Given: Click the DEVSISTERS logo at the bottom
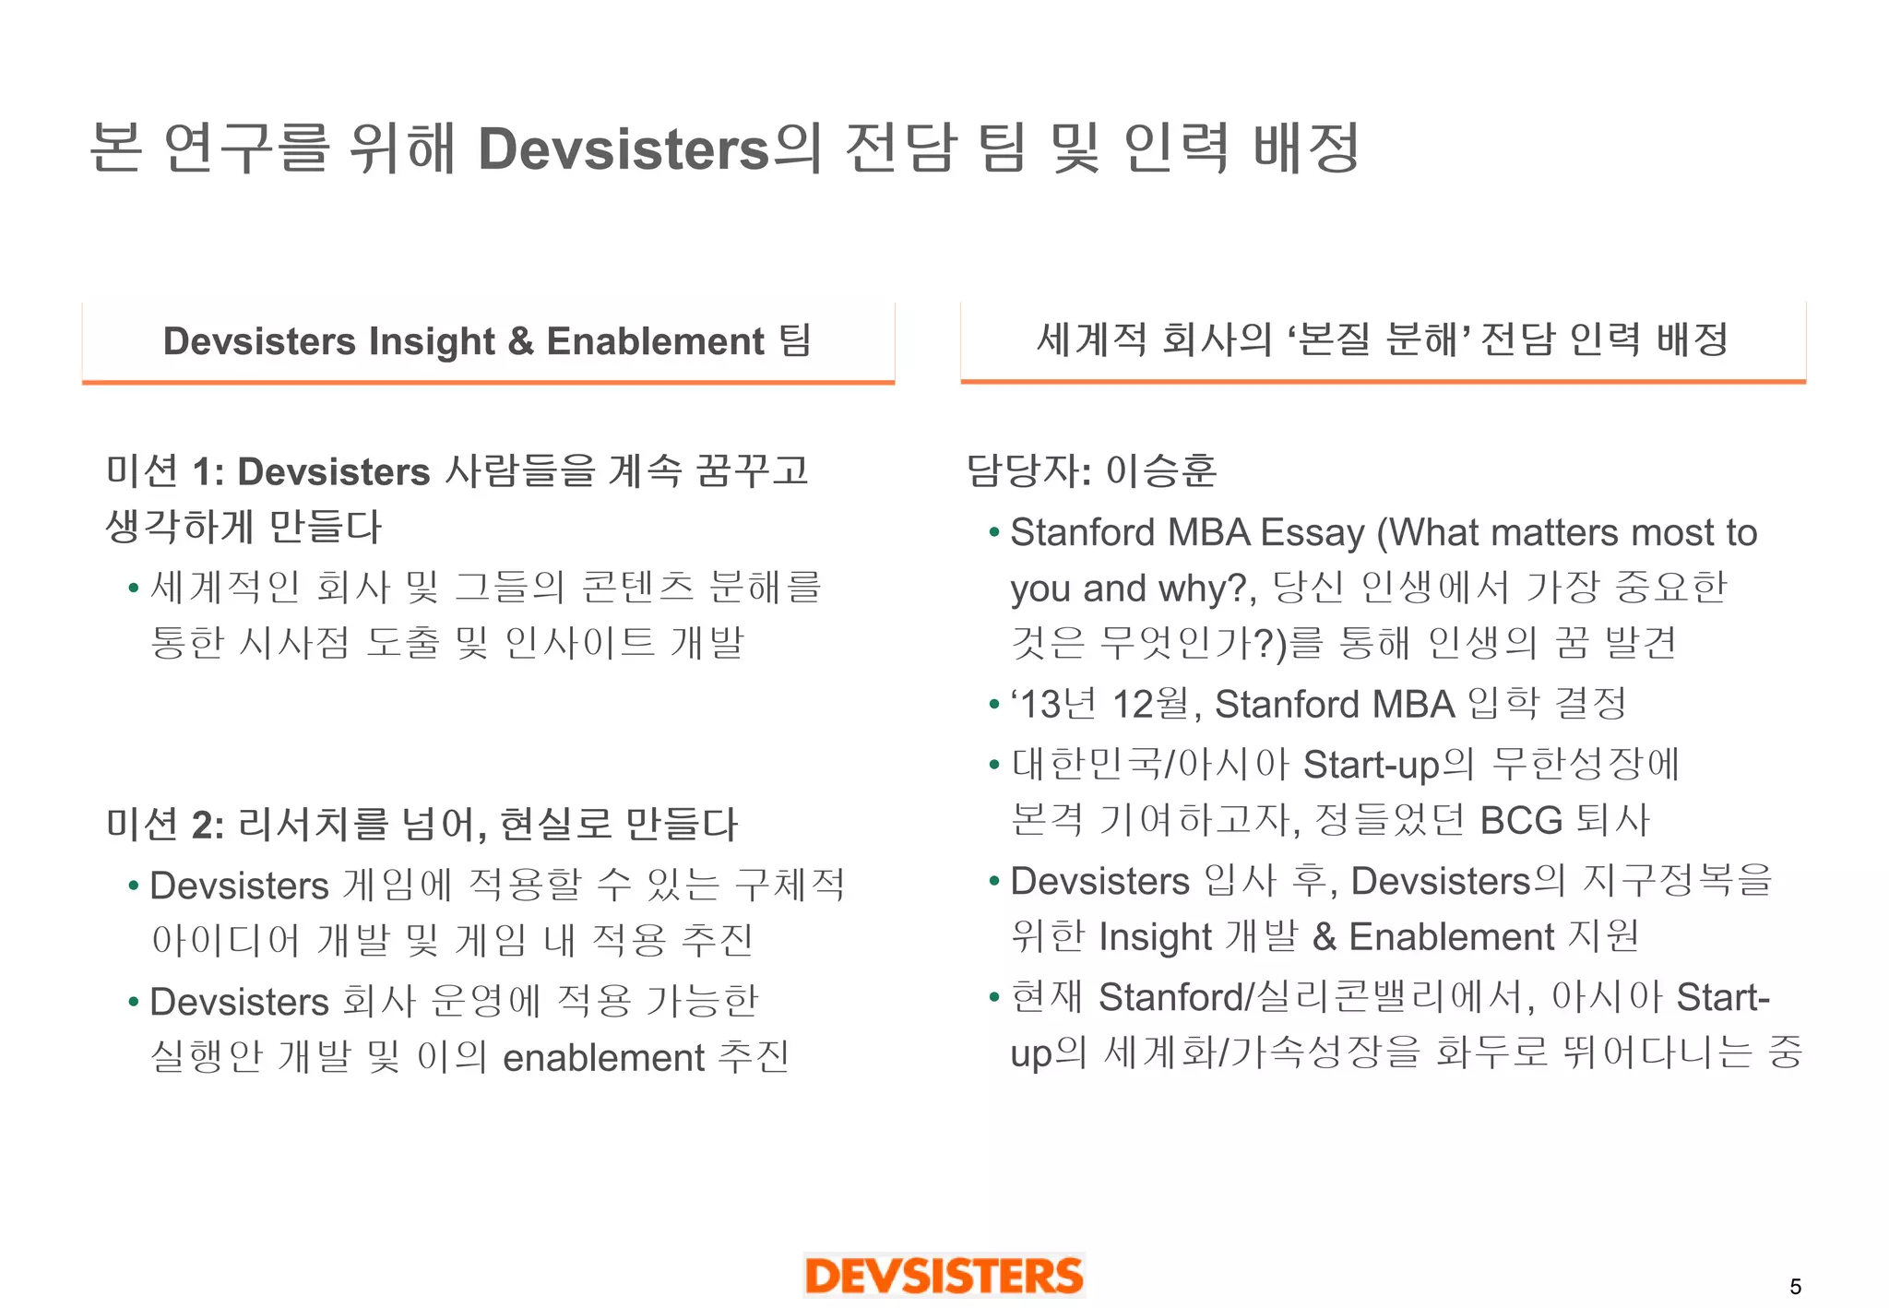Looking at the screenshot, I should click(x=944, y=1277).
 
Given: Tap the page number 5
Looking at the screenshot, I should click(x=1795, y=1287).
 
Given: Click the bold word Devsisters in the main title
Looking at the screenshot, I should click(x=624, y=149).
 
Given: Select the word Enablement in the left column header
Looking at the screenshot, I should click(x=655, y=341).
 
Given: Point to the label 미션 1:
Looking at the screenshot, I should click(x=165, y=471).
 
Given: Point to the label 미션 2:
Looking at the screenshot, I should click(x=165, y=824).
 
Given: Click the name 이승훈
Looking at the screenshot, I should click(x=1161, y=470).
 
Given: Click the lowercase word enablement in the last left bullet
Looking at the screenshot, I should click(x=603, y=1058).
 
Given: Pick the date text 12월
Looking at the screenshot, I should click(x=1152, y=705).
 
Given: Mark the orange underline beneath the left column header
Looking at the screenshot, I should click(x=488, y=381).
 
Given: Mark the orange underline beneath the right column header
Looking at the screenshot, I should click(x=1383, y=380).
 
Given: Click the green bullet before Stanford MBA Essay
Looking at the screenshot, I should click(x=993, y=533).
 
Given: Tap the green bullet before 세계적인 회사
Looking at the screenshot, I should click(x=134, y=588).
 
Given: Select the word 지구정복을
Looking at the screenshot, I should click(x=1678, y=881).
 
